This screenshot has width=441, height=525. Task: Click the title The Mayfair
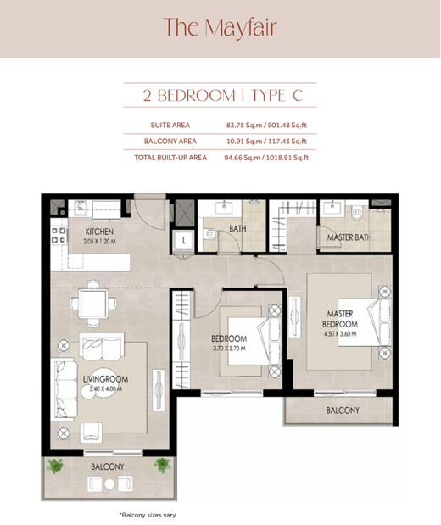[220, 27]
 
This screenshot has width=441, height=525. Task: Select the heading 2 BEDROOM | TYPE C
[223, 96]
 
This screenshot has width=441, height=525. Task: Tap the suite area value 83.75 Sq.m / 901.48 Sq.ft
[266, 126]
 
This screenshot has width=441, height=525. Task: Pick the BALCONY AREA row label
[170, 142]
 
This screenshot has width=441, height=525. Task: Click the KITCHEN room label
[99, 232]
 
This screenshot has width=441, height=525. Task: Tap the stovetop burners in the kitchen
[58, 236]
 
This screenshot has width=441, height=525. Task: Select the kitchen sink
[81, 208]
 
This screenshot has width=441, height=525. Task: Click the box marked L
[183, 240]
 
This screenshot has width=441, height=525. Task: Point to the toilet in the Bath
[210, 234]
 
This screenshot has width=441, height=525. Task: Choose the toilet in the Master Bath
[357, 214]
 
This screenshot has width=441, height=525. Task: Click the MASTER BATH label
[349, 237]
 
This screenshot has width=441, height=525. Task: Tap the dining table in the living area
[93, 304]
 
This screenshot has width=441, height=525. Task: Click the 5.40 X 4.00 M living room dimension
[106, 389]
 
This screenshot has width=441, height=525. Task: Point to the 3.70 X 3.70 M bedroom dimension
[229, 349]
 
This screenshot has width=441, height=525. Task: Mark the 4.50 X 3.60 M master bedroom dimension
[340, 334]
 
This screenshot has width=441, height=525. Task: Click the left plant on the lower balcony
[55, 466]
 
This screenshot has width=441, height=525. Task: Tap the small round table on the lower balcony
[109, 483]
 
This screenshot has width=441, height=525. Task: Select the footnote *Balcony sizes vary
[148, 515]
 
